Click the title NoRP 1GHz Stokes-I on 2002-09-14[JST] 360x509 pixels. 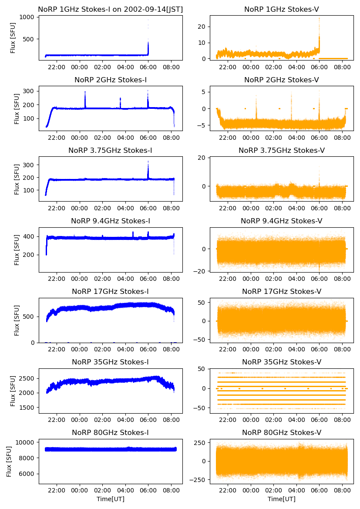tap(111, 9)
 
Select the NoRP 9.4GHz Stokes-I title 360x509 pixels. tap(111, 221)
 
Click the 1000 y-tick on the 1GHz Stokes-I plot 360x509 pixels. tap(27, 17)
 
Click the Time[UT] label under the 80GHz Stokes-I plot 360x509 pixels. tap(111, 499)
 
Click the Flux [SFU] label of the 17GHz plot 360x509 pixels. tap(17, 320)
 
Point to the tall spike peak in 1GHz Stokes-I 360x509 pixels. tap(148, 20)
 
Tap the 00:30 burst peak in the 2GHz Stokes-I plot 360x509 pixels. tap(85, 92)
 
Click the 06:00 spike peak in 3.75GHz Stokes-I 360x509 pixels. tap(148, 161)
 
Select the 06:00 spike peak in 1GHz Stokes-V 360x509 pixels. tap(319, 18)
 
